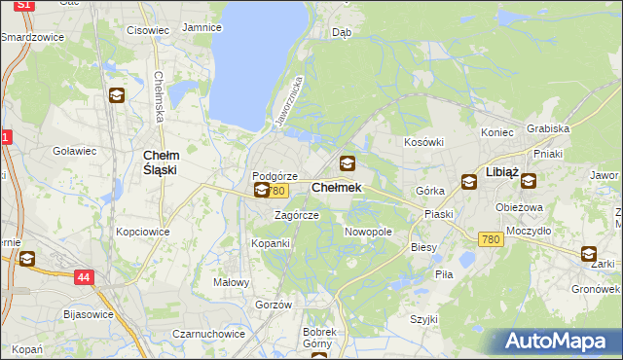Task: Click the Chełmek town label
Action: (x=336, y=187)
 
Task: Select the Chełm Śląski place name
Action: (x=160, y=162)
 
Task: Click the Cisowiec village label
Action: (x=148, y=29)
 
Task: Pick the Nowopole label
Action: (x=368, y=233)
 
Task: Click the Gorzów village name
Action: (x=274, y=305)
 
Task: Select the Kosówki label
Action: (x=423, y=142)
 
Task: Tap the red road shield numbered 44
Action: (x=85, y=278)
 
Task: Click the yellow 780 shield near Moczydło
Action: (x=491, y=239)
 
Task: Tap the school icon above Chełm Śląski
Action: (x=117, y=95)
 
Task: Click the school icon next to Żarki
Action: (x=590, y=255)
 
